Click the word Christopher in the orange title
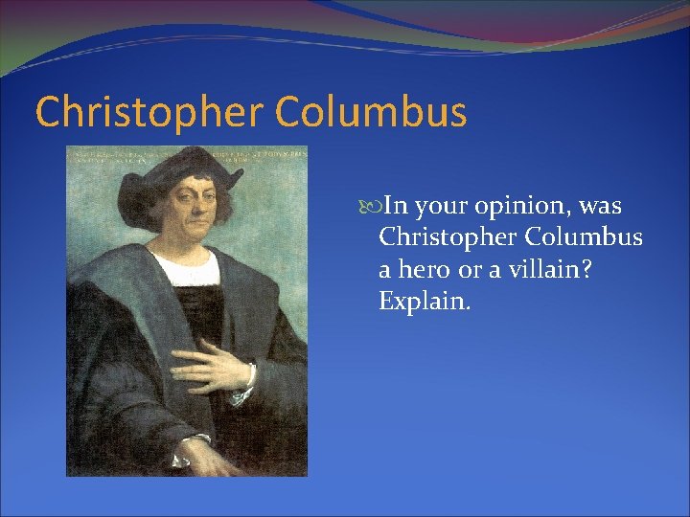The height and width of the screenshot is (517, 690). click(149, 112)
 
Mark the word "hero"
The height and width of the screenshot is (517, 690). click(423, 269)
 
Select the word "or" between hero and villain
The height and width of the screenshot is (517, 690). click(468, 269)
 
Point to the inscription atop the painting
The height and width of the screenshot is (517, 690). click(187, 152)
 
